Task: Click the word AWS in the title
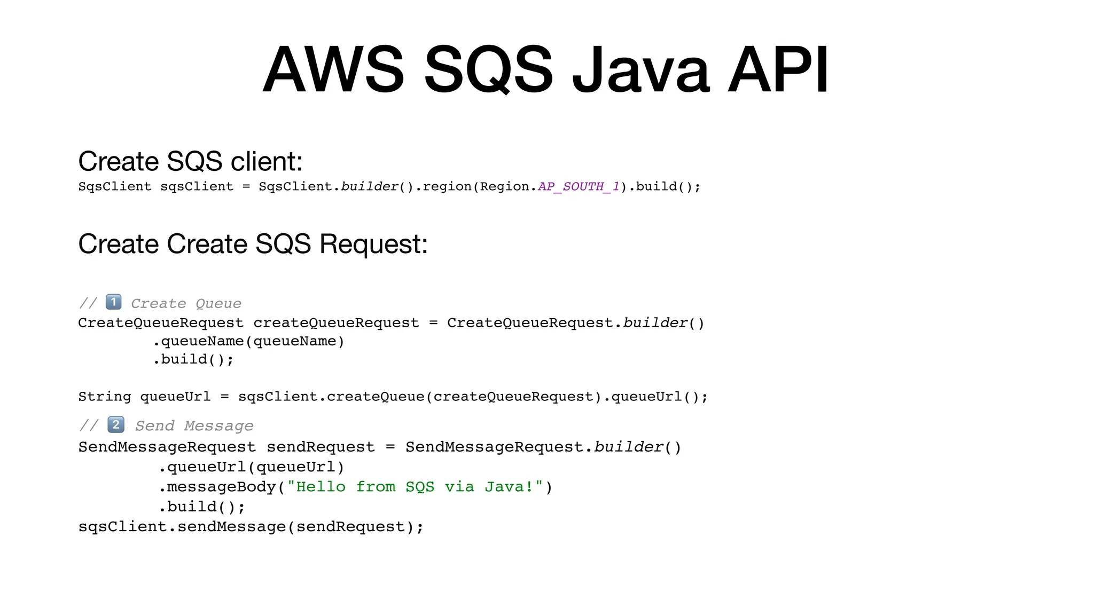coord(333,70)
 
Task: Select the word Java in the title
coord(640,70)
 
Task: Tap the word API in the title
coord(778,70)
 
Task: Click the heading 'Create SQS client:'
coord(190,161)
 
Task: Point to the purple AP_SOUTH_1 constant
coord(579,186)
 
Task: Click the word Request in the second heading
coord(373,244)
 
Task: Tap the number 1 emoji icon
coord(113,302)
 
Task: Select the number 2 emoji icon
coord(116,425)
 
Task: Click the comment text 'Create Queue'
coord(186,304)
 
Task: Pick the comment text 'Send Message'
coord(194,426)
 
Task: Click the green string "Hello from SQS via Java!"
coord(415,487)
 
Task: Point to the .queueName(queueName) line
coord(248,341)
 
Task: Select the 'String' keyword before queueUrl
coord(104,397)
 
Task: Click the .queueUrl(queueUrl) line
coord(251,467)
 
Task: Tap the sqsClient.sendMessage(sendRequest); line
coord(251,527)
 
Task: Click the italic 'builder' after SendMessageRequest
coord(628,447)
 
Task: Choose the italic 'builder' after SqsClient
coord(370,186)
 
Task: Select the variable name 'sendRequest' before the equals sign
coord(321,447)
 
